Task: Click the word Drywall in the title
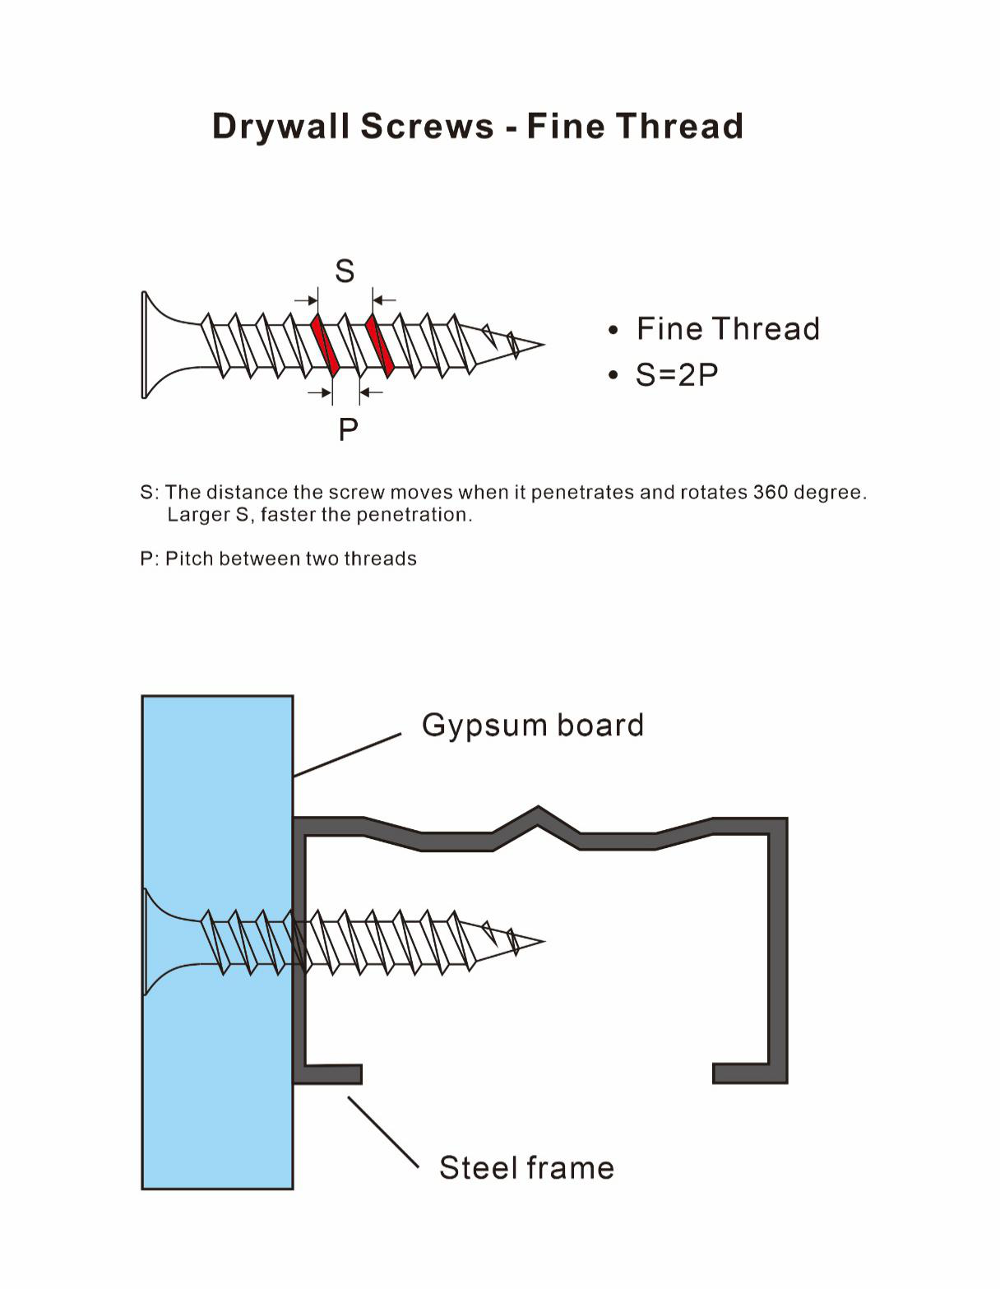pyautogui.click(x=281, y=127)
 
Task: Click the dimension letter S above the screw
pyautogui.click(x=345, y=271)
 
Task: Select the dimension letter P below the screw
pyautogui.click(x=348, y=429)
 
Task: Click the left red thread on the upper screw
pyautogui.click(x=325, y=345)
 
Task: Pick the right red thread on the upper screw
pyautogui.click(x=380, y=345)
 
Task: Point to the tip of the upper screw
pyautogui.click(x=544, y=344)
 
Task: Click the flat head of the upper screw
pyautogui.click(x=145, y=345)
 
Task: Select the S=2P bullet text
pyautogui.click(x=676, y=374)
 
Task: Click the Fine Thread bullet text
pyautogui.click(x=728, y=329)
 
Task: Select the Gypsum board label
pyautogui.click(x=532, y=725)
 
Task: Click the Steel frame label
pyautogui.click(x=526, y=1167)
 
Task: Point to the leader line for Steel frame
pyautogui.click(x=383, y=1132)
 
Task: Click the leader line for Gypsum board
pyautogui.click(x=347, y=755)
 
